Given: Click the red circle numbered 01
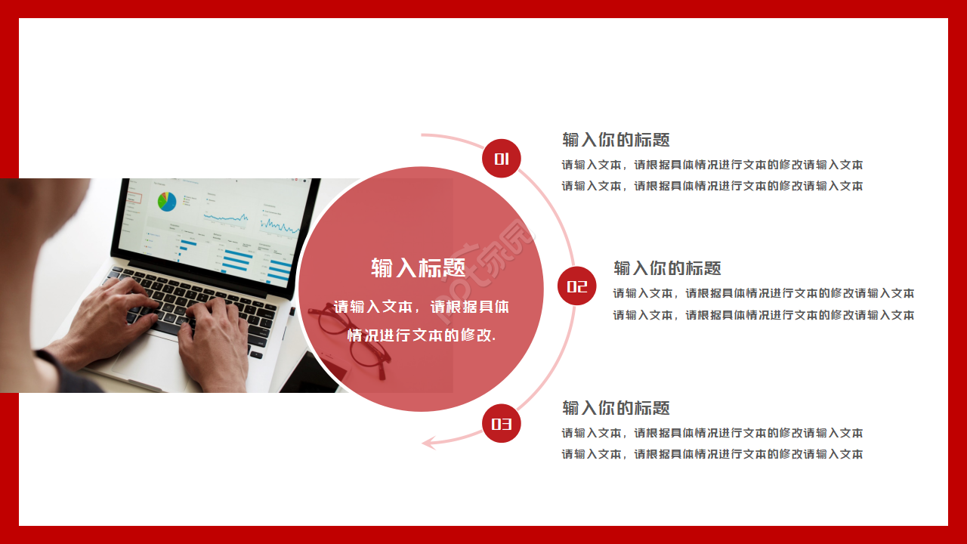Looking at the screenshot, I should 502,159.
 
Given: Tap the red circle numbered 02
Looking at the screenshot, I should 577,286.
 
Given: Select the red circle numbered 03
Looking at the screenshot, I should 502,424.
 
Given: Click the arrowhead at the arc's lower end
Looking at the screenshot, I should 428,443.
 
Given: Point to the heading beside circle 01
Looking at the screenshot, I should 616,140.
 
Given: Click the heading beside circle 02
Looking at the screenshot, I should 667,268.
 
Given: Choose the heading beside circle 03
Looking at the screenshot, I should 616,409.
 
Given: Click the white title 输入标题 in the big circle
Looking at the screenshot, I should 418,267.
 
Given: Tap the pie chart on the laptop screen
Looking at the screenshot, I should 167,201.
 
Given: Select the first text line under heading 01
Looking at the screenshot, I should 712,165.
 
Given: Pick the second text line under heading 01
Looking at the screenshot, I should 712,186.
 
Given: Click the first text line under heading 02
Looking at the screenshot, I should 763,293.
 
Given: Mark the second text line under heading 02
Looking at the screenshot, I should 763,315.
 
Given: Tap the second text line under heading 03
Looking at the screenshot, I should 712,454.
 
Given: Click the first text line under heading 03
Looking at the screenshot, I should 712,433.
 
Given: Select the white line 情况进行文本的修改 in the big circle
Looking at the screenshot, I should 421,335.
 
